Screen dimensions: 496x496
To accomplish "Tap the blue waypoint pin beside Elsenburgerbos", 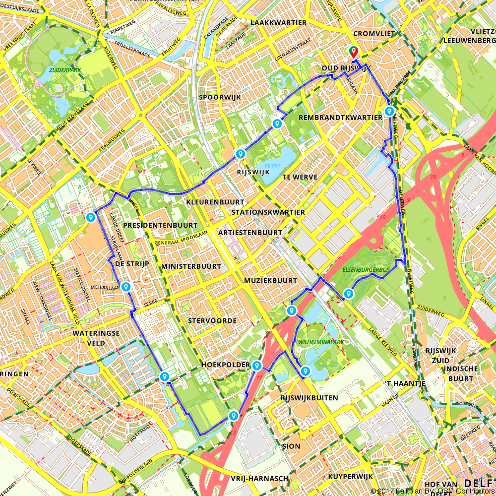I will point(349,294).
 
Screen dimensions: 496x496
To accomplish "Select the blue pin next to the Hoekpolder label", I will point(257,366).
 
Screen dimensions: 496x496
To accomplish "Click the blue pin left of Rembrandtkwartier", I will point(277,124).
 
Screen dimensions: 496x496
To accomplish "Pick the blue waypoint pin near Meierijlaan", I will point(126,286).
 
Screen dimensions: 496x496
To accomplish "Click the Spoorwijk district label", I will point(219,98).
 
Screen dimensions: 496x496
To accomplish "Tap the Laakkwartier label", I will point(278,23).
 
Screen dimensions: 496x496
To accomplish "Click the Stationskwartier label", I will point(268,212).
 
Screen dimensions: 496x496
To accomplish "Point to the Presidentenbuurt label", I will point(160,225).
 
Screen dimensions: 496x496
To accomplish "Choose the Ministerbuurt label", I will point(191,266).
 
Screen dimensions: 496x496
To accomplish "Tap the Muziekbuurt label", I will point(270,281).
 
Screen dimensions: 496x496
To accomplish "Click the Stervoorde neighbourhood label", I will point(212,321).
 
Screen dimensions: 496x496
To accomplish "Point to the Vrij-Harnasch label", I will point(259,478).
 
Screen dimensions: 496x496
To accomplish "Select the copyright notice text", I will point(433,491).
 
